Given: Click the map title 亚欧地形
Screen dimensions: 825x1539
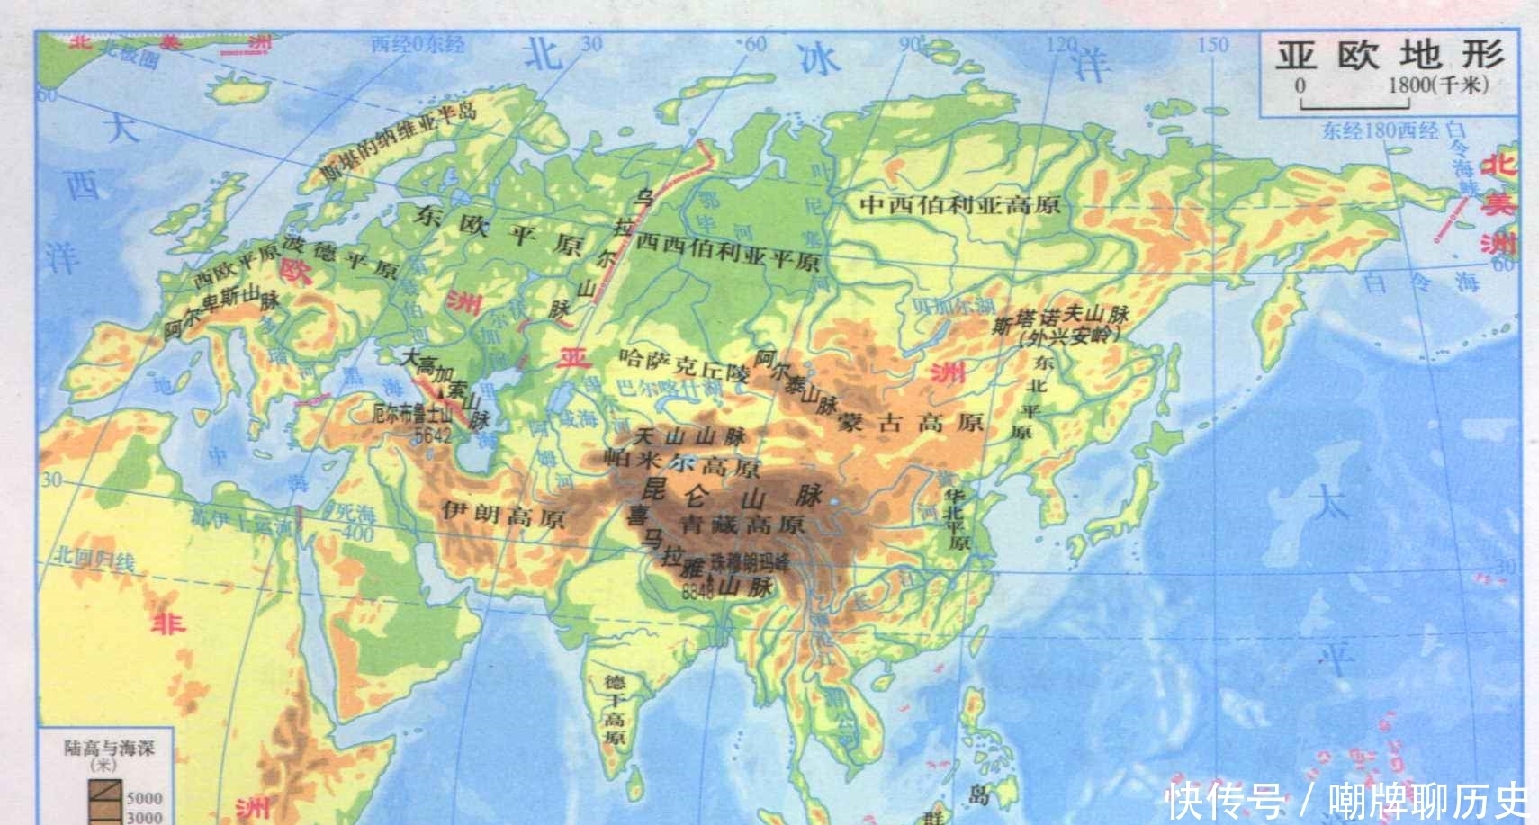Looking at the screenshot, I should [1390, 55].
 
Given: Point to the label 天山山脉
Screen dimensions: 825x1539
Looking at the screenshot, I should [689, 437].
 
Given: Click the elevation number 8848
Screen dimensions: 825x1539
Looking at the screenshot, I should [697, 593].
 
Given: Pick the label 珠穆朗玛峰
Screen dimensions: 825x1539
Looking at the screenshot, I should [749, 561].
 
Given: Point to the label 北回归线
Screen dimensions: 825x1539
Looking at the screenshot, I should [94, 558].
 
